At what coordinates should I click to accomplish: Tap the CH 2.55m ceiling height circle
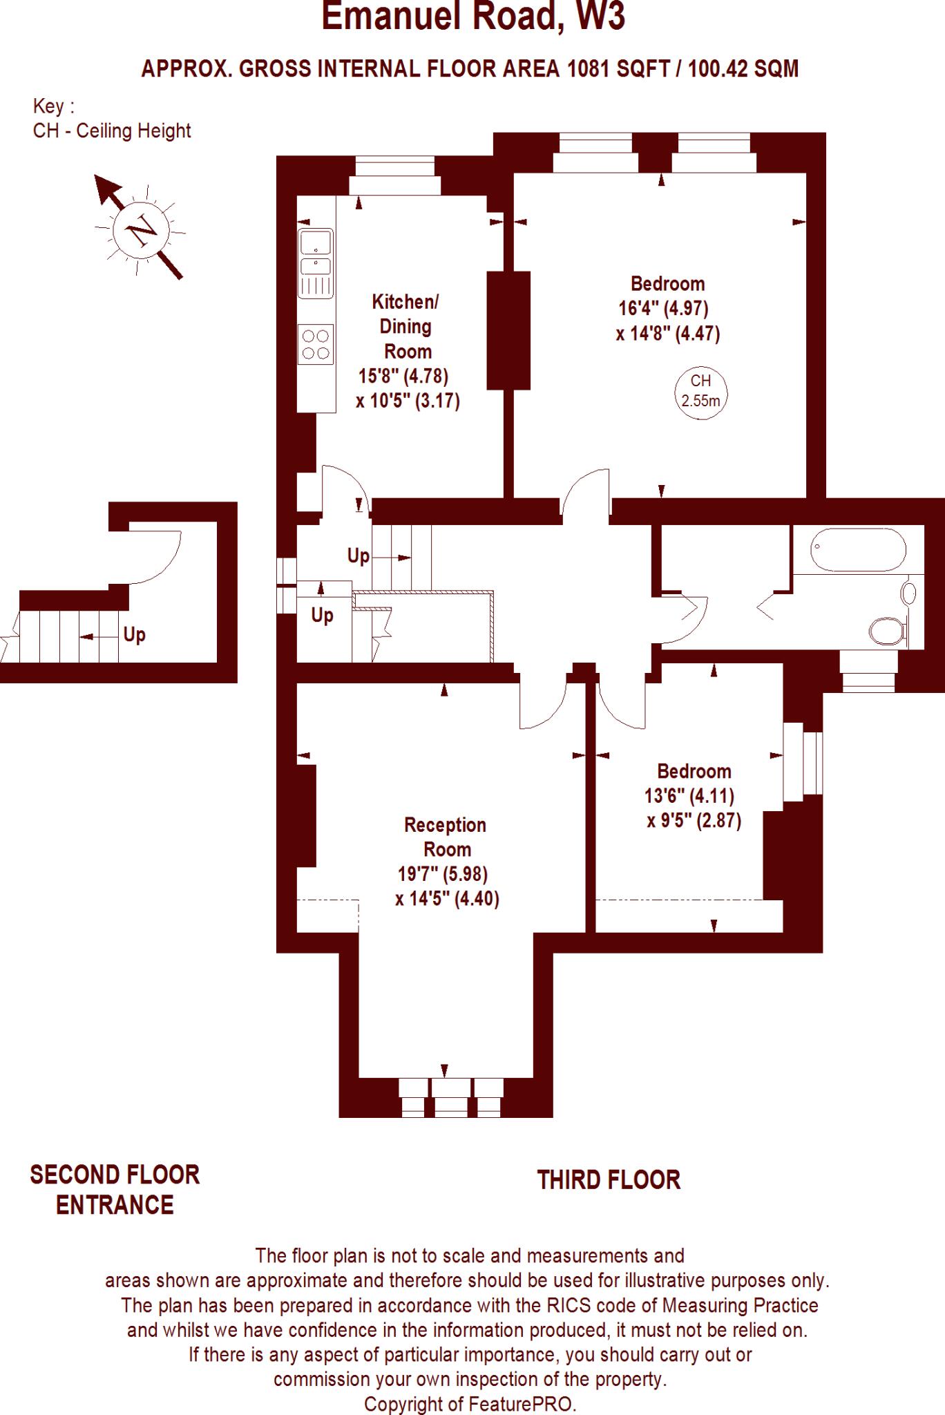700,391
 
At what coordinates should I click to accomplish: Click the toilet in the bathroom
886,631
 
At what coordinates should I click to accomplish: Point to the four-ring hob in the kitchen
316,344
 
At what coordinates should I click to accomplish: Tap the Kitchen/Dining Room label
405,326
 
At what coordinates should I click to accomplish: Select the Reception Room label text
446,837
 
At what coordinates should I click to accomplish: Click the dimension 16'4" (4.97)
664,308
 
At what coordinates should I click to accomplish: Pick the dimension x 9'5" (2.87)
694,821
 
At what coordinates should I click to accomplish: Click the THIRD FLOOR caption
609,1180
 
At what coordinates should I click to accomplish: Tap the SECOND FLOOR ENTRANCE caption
115,1190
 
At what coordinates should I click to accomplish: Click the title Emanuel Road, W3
473,17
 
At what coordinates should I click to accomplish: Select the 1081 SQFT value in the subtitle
618,69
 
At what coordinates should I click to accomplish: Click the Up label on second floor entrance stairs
134,634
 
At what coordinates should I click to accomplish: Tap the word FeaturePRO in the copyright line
522,1404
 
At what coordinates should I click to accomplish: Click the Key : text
53,106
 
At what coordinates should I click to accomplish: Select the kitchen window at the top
394,177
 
